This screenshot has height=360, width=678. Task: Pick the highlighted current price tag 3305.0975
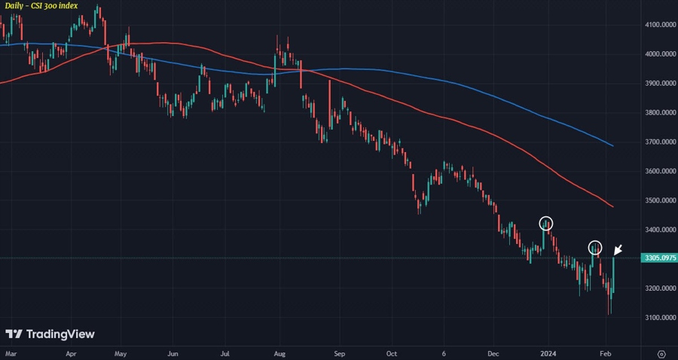[658, 258]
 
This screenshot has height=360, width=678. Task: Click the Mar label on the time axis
[11, 352]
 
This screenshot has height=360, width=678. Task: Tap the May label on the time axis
[121, 352]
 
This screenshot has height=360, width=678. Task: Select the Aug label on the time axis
[279, 352]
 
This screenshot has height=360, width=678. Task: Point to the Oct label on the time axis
[390, 352]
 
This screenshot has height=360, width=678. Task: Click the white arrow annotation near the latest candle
[618, 250]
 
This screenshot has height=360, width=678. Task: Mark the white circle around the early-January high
[546, 223]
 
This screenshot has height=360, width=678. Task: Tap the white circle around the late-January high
[595, 247]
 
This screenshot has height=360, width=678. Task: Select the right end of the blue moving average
[612, 145]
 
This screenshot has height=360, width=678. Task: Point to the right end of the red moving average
[612, 206]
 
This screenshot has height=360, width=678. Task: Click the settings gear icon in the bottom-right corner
[661, 352]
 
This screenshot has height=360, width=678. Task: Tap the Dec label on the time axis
[493, 352]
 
